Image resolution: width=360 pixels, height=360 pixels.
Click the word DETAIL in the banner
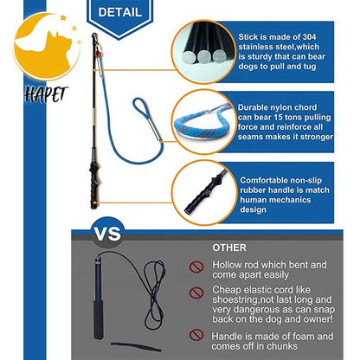coord(119,12)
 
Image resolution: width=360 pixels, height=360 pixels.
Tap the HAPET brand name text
coord(46,94)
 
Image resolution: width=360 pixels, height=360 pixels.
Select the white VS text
coord(107,234)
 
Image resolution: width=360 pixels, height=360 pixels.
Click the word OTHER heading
coord(229,247)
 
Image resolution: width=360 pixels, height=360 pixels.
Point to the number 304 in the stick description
coord(309,37)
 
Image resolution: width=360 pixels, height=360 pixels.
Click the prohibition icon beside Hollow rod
coord(196,267)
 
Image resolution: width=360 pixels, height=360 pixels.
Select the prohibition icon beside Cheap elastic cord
coord(196,293)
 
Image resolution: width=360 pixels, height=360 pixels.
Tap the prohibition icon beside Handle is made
coord(196,335)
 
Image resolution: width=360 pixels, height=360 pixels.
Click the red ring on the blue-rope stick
coord(98,54)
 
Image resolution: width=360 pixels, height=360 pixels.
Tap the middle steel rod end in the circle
coord(204,56)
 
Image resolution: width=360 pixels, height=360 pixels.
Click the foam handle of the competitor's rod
coord(99,319)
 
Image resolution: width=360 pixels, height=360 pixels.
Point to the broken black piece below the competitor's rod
coord(136,346)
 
